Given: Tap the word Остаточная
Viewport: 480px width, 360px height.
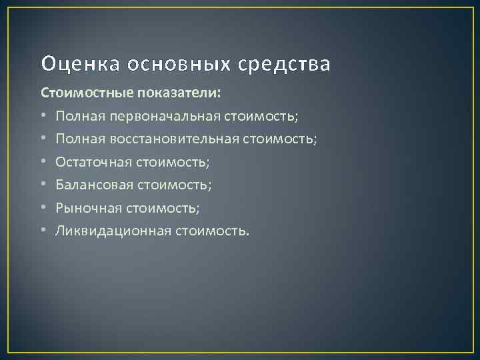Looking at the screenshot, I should [x=95, y=162].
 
